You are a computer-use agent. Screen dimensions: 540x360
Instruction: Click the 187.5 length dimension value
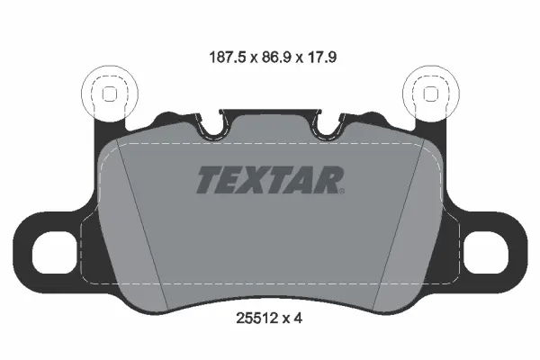pos(228,58)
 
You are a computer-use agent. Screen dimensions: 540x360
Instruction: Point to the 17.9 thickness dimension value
pos(321,58)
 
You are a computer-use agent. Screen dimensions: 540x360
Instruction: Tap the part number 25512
pos(256,319)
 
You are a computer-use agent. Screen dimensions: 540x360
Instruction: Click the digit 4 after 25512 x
pos(298,319)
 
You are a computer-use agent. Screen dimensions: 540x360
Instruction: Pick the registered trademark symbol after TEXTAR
pos(341,191)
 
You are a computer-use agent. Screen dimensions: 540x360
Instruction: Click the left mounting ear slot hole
pos(54,252)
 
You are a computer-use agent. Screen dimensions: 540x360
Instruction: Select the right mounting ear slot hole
pos(486,252)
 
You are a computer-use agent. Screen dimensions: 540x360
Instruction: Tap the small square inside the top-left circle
pos(110,94)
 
